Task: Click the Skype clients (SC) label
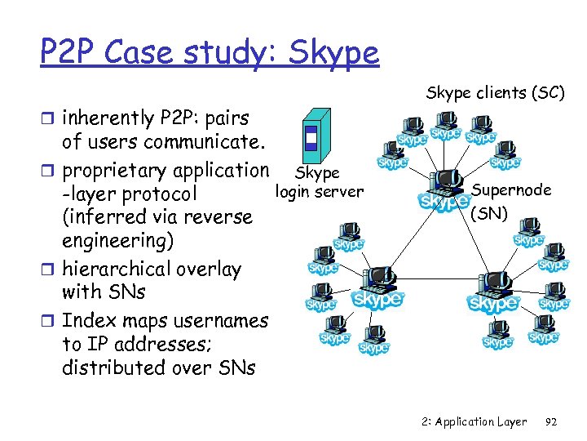[x=495, y=93]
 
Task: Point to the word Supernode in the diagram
[x=510, y=190]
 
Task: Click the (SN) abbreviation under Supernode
[x=489, y=213]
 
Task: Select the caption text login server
[x=320, y=192]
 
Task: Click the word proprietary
[x=113, y=171]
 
